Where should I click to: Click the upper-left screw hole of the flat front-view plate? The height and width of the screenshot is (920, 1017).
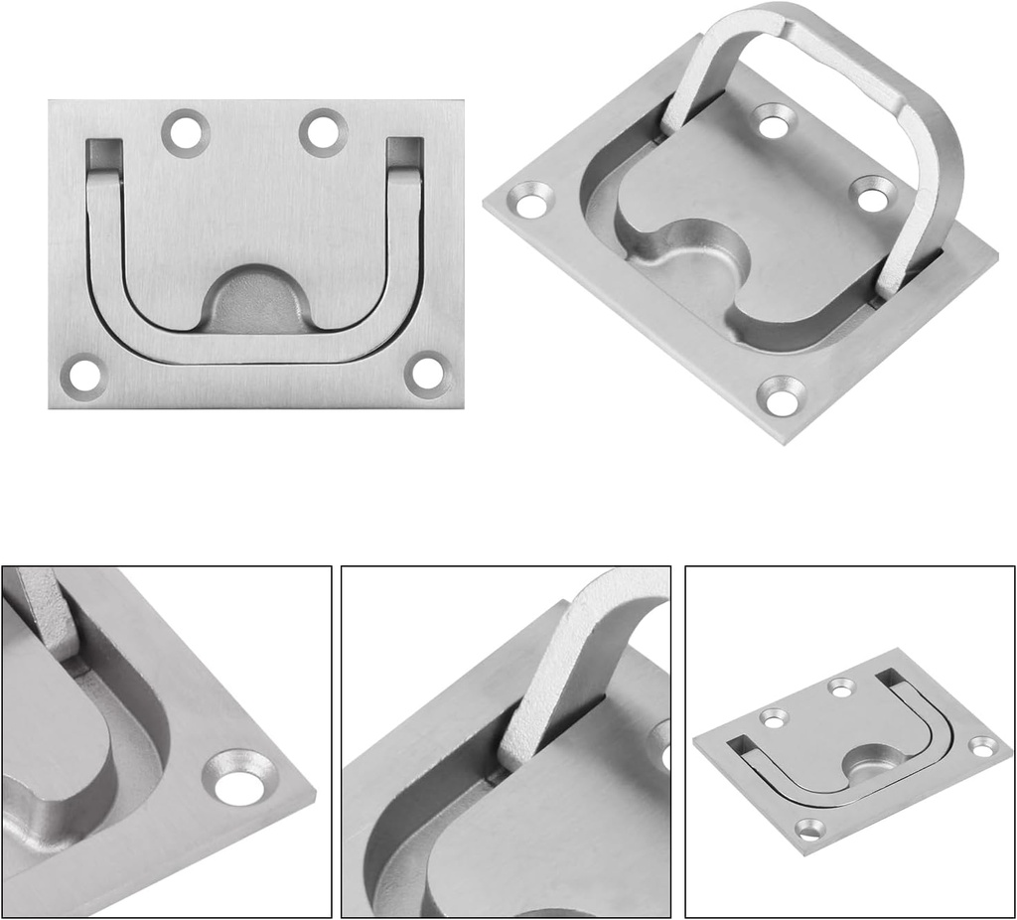pos(186,130)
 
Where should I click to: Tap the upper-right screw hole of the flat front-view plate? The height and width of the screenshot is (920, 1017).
pos(324,130)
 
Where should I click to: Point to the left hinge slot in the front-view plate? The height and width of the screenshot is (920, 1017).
pos(103,152)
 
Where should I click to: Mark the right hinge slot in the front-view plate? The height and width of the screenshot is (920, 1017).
pos(405,152)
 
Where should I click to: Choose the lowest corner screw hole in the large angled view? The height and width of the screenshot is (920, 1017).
pos(782,396)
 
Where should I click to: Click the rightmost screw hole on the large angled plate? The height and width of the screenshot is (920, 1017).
pos(872,195)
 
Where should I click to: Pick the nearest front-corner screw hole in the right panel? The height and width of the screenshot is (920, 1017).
pos(810,827)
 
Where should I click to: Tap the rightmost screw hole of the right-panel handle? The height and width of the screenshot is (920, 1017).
pos(983,746)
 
